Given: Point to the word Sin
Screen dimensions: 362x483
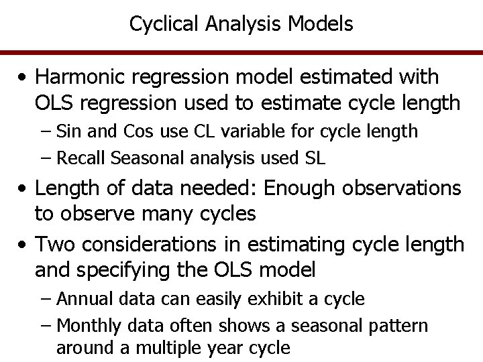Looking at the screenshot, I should click(x=70, y=131).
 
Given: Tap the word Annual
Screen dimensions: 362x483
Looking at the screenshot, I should click(x=80, y=298).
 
